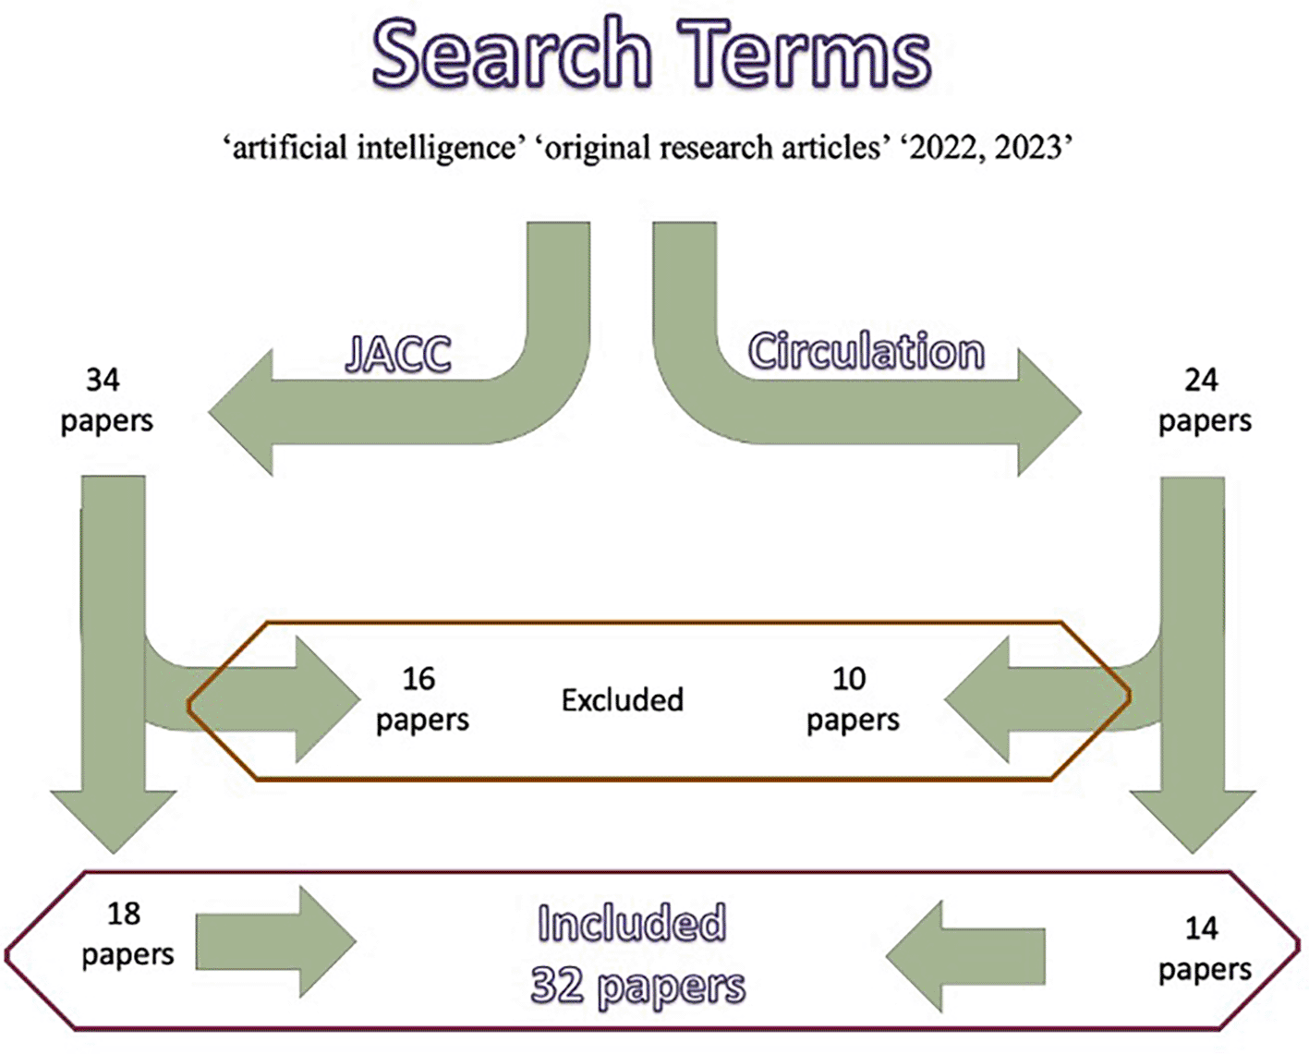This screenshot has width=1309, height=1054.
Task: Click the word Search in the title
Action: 512,55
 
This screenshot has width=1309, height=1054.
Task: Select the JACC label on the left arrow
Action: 398,355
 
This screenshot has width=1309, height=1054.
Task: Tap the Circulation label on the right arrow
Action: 866,352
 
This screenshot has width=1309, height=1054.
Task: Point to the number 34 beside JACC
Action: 103,380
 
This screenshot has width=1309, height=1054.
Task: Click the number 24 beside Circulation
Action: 1201,380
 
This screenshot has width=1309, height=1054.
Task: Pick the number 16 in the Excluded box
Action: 418,679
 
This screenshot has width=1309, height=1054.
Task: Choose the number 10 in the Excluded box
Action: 849,679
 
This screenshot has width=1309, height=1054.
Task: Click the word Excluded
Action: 622,700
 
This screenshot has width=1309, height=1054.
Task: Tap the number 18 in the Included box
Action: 124,914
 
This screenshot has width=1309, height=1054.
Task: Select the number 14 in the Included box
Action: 1201,928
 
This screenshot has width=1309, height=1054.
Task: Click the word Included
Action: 632,924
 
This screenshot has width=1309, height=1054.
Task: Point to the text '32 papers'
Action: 637,987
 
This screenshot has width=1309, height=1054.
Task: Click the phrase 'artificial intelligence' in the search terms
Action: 374,148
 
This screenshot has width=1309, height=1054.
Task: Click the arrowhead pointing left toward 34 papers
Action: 242,412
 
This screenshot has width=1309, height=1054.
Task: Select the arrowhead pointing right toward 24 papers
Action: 1048,412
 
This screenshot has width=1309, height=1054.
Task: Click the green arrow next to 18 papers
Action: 275,942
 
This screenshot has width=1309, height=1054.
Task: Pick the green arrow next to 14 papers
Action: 965,956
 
